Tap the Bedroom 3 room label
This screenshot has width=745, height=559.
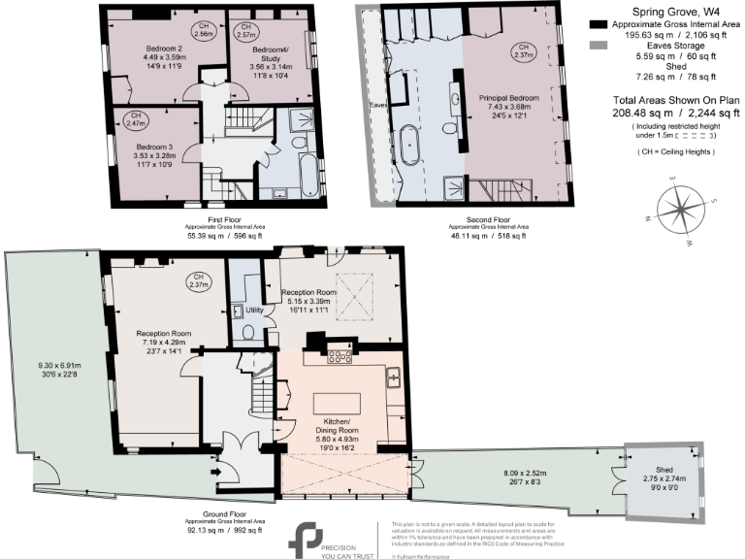tap(156, 146)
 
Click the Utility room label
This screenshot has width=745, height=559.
tap(255, 309)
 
